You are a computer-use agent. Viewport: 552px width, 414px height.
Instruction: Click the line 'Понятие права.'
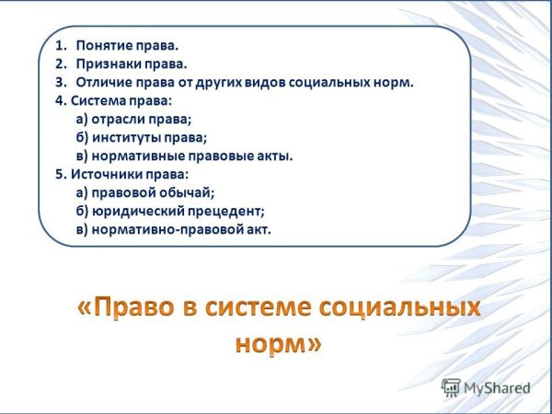point(128,45)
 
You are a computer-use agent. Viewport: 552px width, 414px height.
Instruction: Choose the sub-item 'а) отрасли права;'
point(134,119)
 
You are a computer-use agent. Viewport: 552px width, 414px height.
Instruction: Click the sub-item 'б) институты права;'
point(142,137)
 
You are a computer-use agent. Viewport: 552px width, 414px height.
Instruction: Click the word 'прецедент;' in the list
point(225,211)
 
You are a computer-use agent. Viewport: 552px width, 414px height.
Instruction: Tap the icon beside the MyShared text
point(451,387)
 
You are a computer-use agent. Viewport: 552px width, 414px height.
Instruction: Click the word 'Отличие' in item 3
point(102,82)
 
